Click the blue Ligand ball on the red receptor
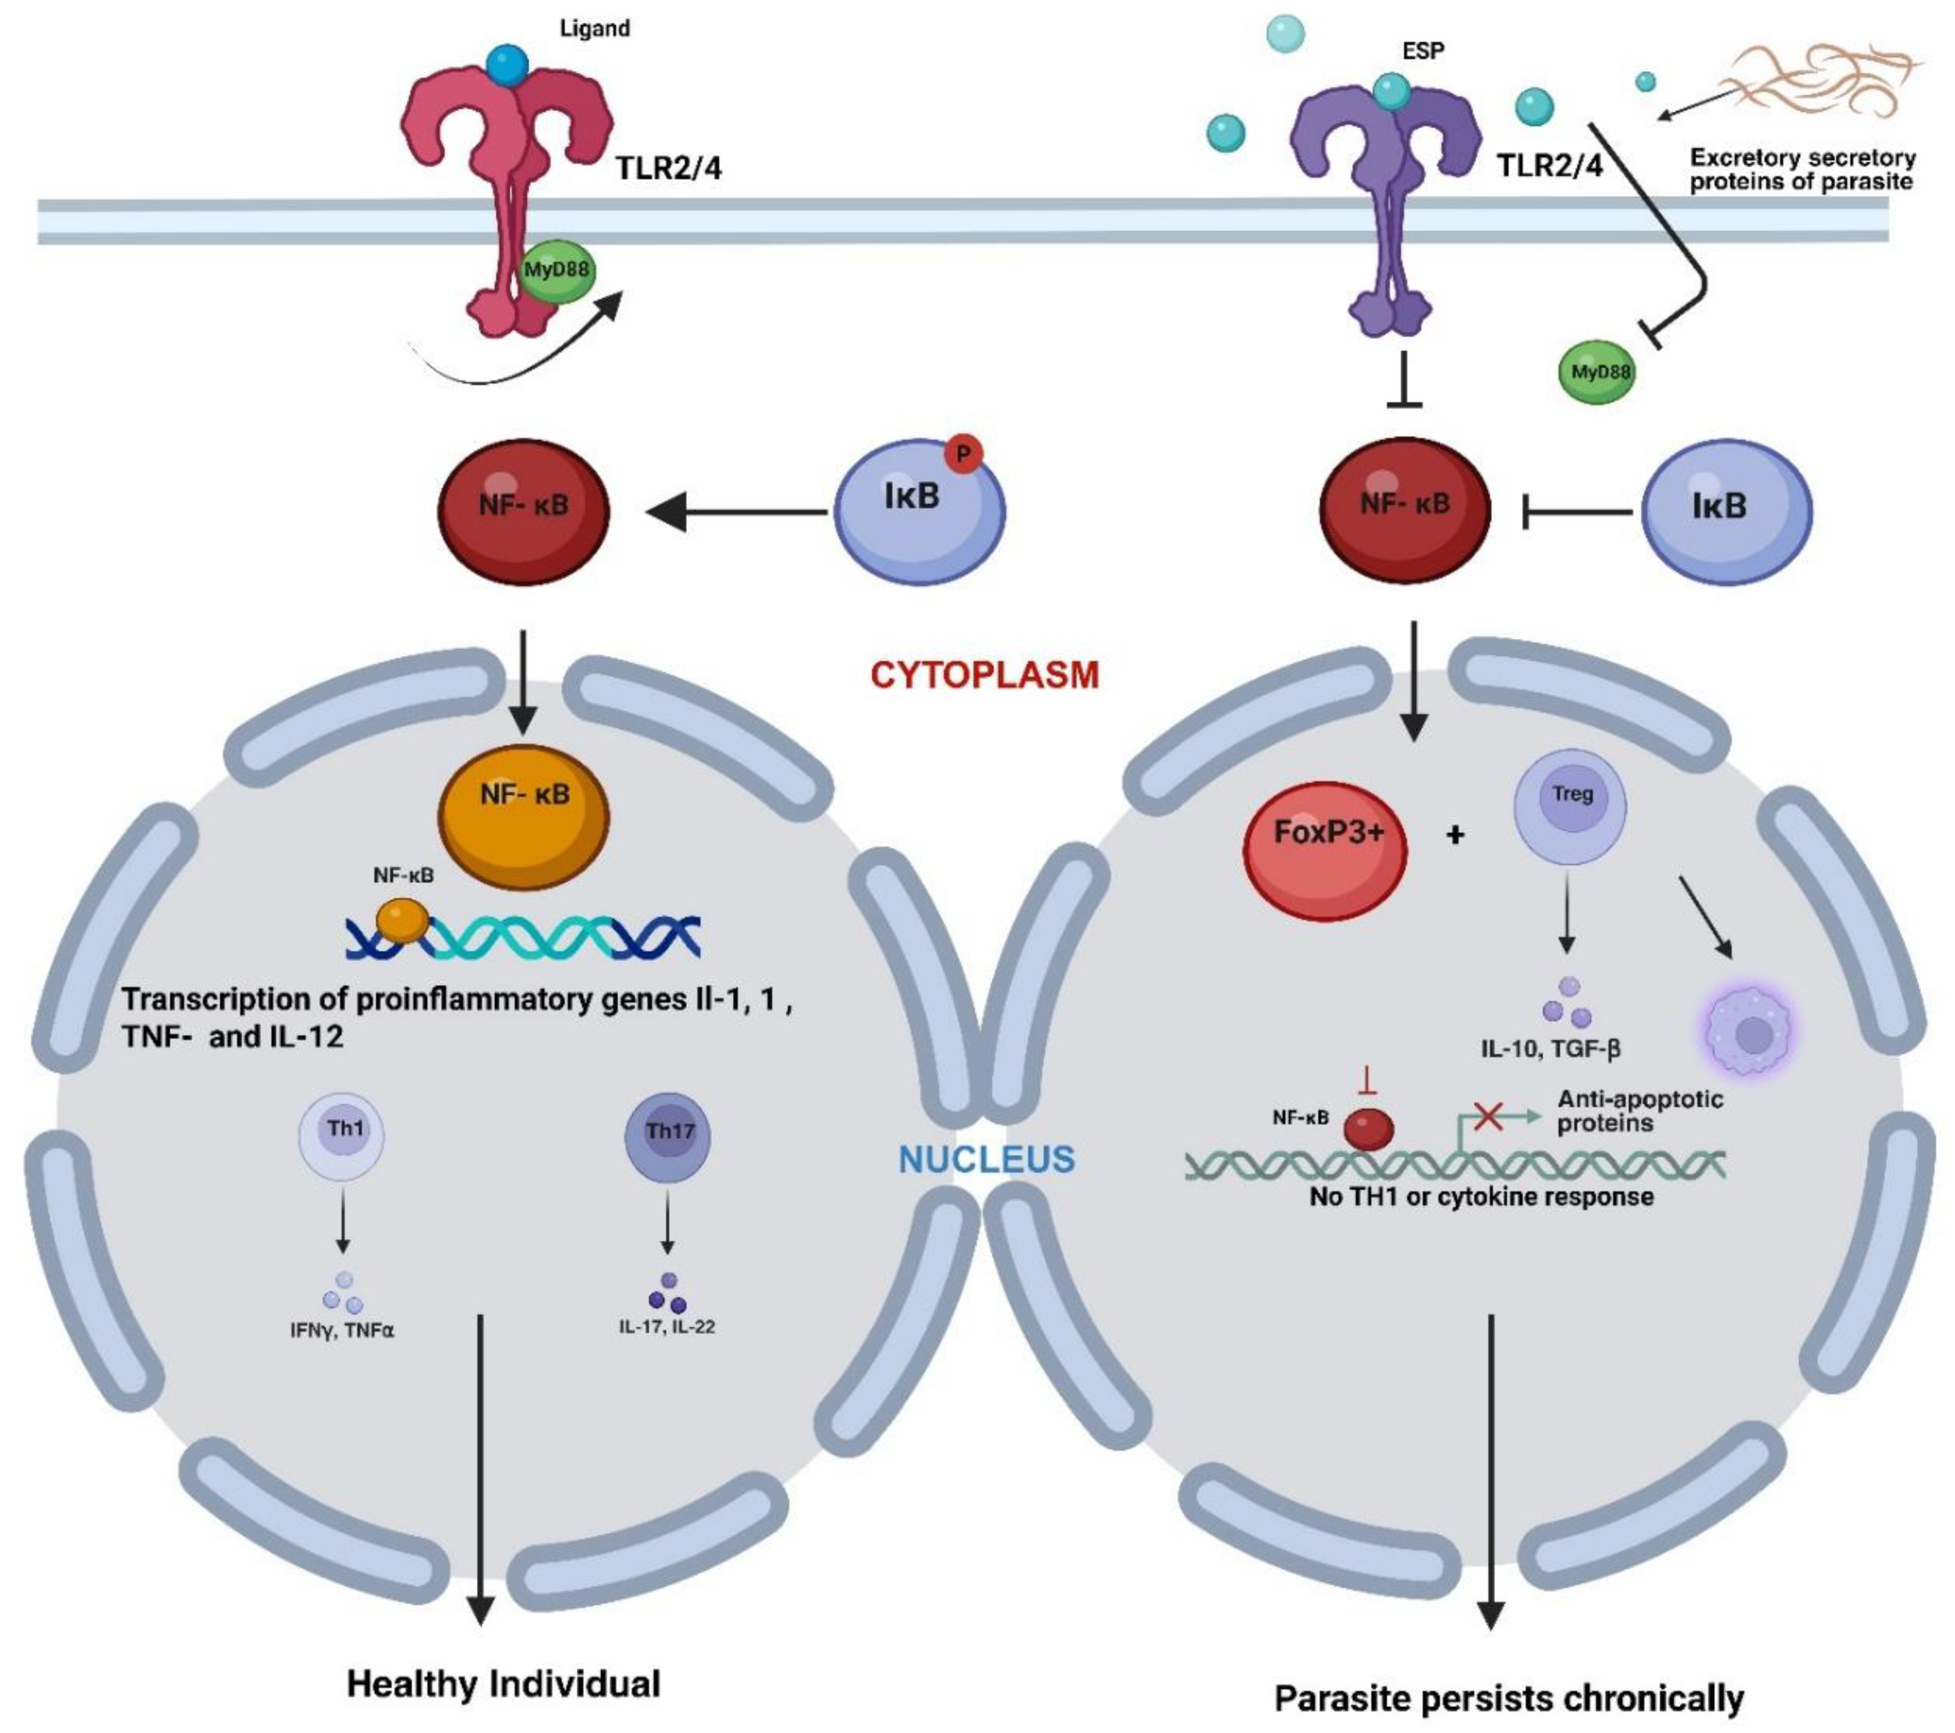coord(507,65)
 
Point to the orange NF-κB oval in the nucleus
coord(524,816)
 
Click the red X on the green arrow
coord(1487,1115)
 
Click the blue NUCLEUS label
coord(986,1159)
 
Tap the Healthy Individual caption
coord(503,1683)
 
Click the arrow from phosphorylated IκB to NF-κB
coord(736,513)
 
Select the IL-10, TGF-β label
coord(1550,1049)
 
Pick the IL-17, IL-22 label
coord(667,1327)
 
